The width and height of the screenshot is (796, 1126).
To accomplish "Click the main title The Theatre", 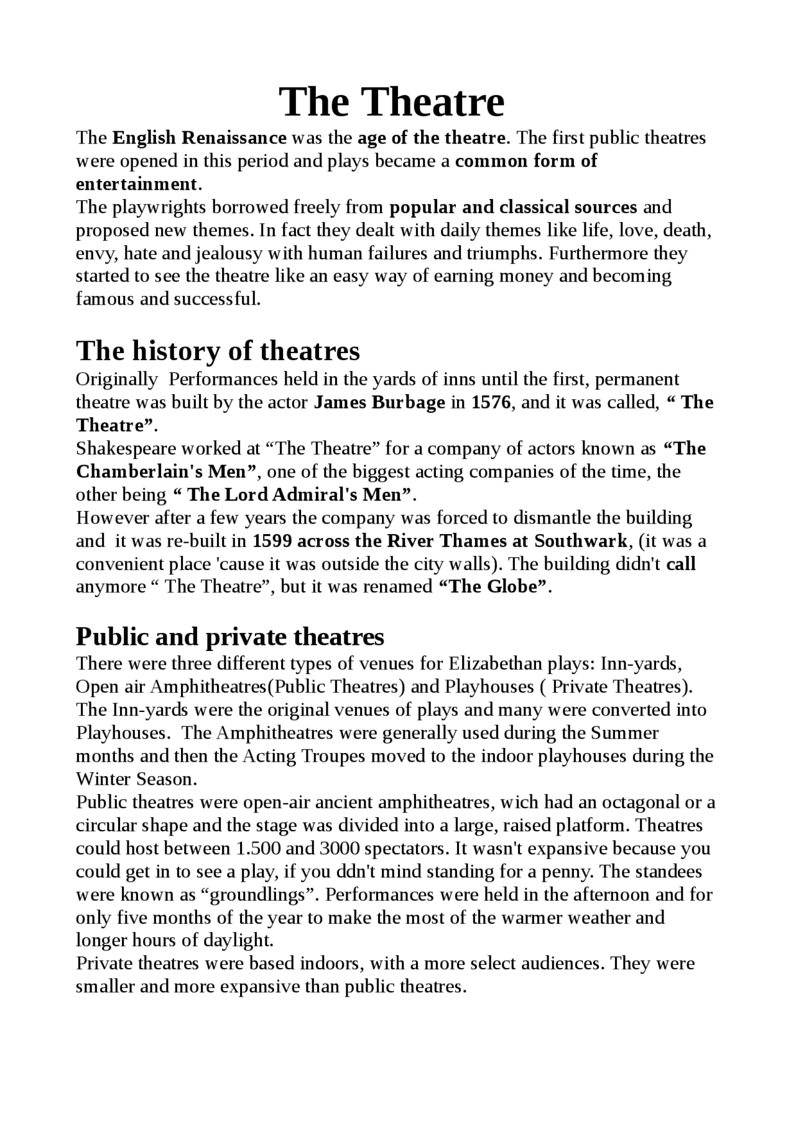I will tap(391, 102).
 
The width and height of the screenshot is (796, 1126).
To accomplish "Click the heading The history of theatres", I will tap(218, 351).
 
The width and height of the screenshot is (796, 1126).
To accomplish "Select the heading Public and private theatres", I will tap(230, 637).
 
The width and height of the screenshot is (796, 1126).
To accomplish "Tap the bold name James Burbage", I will tap(379, 403).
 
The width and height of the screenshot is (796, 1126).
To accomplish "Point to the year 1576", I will tap(491, 403).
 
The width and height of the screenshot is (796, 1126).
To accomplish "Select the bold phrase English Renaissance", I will tap(200, 137).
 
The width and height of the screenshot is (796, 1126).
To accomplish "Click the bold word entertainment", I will tap(136, 184).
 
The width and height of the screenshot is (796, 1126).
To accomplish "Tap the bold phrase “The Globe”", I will tap(494, 587).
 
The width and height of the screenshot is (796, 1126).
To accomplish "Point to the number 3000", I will tap(340, 849).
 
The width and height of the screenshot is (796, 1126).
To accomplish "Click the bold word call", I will tap(680, 564).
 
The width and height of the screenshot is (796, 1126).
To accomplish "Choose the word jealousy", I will tap(228, 254).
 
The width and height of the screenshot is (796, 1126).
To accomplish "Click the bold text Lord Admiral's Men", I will tap(299, 495).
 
